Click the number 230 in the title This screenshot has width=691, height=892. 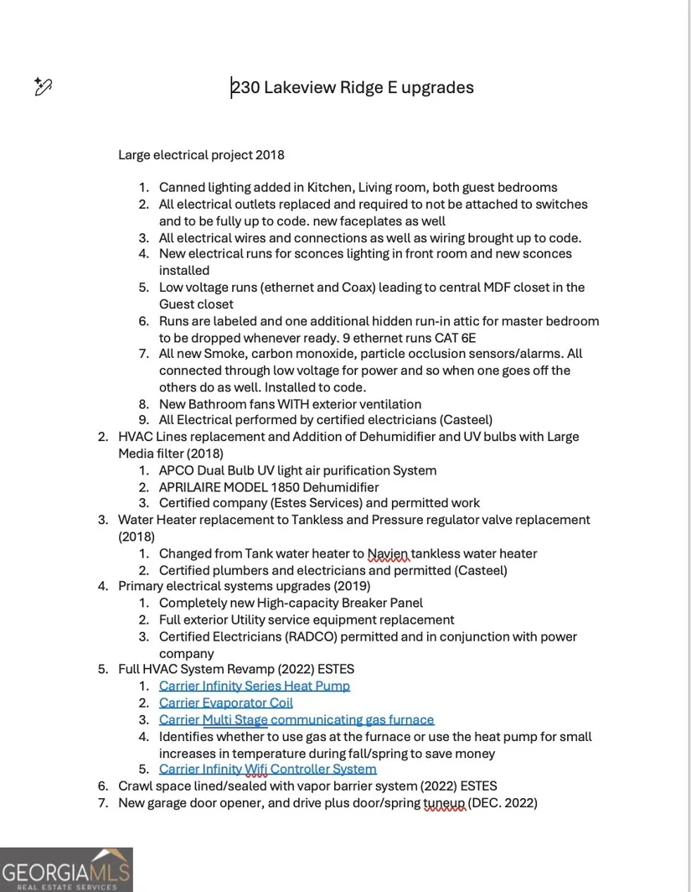coord(245,87)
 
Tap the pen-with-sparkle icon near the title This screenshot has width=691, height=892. coord(44,86)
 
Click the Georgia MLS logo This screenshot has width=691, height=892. coord(66,869)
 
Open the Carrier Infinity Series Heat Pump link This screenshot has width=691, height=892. coord(255,686)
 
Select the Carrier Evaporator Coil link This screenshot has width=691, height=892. coord(226,703)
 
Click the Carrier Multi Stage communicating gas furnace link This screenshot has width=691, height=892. coord(297,719)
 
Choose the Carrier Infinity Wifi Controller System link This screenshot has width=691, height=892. coord(268,769)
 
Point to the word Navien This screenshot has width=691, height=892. coord(389,553)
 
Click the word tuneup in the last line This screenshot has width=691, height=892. coord(444,802)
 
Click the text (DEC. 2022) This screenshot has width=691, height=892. coord(503,802)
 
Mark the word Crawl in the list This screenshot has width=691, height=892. coord(136,786)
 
